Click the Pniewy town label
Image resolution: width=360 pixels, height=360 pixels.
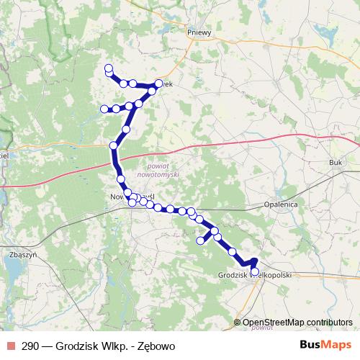point(198,32)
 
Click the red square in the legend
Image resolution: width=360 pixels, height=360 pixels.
point(9,346)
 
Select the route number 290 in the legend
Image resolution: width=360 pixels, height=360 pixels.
point(30,346)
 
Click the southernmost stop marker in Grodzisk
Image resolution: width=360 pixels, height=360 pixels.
point(255,271)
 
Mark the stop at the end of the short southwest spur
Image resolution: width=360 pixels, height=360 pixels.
point(201,240)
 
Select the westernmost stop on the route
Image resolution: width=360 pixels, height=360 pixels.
point(104,109)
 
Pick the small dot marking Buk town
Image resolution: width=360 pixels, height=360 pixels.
point(333,153)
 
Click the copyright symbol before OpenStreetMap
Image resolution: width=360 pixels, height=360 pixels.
point(237,323)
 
